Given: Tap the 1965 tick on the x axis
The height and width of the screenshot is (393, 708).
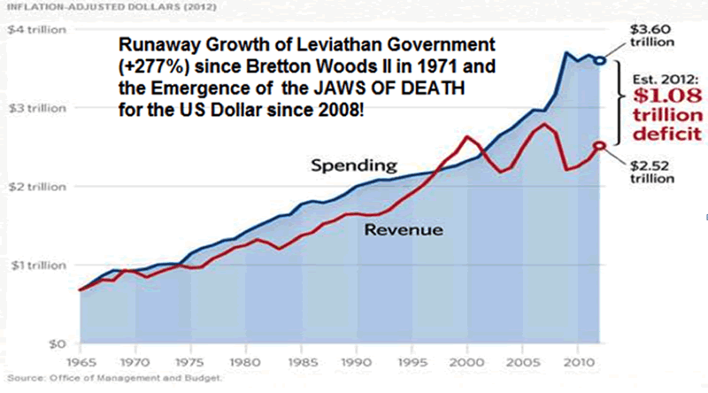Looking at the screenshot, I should pyautogui.click(x=80, y=363).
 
